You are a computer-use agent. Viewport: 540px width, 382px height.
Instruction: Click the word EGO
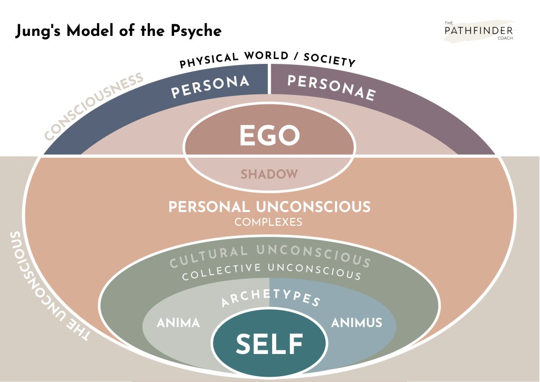[269, 135]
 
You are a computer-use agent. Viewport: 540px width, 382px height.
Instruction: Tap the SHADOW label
[269, 174]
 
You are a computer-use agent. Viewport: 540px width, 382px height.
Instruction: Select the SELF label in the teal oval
[269, 344]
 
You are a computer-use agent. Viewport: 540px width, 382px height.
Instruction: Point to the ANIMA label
[178, 323]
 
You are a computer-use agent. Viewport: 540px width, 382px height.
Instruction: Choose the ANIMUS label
[356, 323]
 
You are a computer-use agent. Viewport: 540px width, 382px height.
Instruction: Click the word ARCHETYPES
[271, 298]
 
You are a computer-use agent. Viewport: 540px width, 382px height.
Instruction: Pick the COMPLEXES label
[268, 222]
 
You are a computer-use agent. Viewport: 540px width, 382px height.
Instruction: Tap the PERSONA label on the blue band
[210, 86]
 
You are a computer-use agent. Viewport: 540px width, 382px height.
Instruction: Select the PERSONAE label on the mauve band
[332, 88]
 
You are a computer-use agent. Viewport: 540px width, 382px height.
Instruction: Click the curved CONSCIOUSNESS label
[94, 106]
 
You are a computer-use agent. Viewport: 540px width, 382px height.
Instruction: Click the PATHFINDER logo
[479, 31]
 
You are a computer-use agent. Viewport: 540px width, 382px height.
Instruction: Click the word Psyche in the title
[196, 31]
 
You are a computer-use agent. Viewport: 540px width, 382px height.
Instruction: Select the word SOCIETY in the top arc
[329, 60]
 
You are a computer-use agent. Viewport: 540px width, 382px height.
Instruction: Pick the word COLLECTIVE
[221, 272]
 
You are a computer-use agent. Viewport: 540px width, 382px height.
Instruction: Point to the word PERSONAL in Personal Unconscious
[209, 207]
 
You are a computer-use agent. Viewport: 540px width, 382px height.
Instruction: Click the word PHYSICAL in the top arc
[209, 60]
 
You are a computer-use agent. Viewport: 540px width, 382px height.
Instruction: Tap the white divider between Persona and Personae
[269, 79]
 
